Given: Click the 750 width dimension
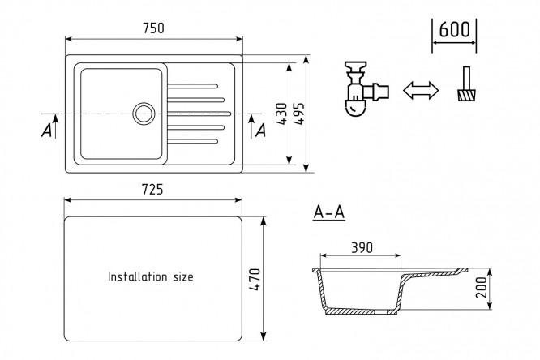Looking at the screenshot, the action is click(153, 28).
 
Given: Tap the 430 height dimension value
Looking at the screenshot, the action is click(281, 114).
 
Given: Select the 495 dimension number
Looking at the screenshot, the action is click(299, 114).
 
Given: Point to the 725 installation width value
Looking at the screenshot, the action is click(152, 190).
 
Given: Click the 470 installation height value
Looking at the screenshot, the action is click(255, 280).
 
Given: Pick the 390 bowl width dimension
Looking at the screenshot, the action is click(362, 247).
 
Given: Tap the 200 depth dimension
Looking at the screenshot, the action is click(481, 287).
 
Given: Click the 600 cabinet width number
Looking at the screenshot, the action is click(455, 30).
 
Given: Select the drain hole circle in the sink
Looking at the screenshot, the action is click(144, 114).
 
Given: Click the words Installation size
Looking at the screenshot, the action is click(151, 276).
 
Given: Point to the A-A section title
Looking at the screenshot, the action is click(329, 212).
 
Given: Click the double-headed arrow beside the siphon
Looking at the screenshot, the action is click(421, 91).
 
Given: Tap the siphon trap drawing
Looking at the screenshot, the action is click(366, 89).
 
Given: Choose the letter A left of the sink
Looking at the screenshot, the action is click(46, 131).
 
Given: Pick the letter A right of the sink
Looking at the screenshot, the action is click(261, 131).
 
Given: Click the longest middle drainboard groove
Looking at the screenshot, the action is click(199, 114).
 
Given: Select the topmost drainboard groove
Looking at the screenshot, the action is click(192, 86).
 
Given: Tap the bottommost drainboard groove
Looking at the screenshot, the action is click(192, 141).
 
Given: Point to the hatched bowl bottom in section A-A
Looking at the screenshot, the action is click(362, 311).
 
